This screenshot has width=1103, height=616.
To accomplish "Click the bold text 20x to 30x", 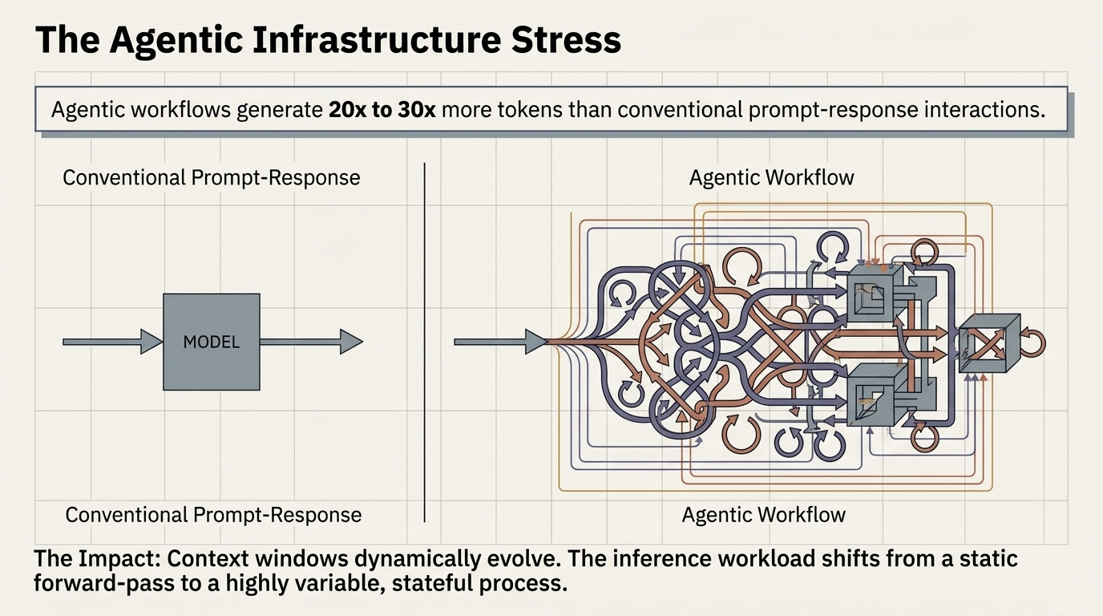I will [382, 110].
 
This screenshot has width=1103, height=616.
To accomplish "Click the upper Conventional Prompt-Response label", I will [211, 177].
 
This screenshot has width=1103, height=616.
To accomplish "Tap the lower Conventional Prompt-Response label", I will [213, 515].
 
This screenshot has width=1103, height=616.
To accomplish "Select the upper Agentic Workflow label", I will [771, 177].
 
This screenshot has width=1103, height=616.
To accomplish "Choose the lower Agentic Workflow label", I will [763, 515].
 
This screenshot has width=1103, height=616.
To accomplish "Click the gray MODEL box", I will [211, 342].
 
